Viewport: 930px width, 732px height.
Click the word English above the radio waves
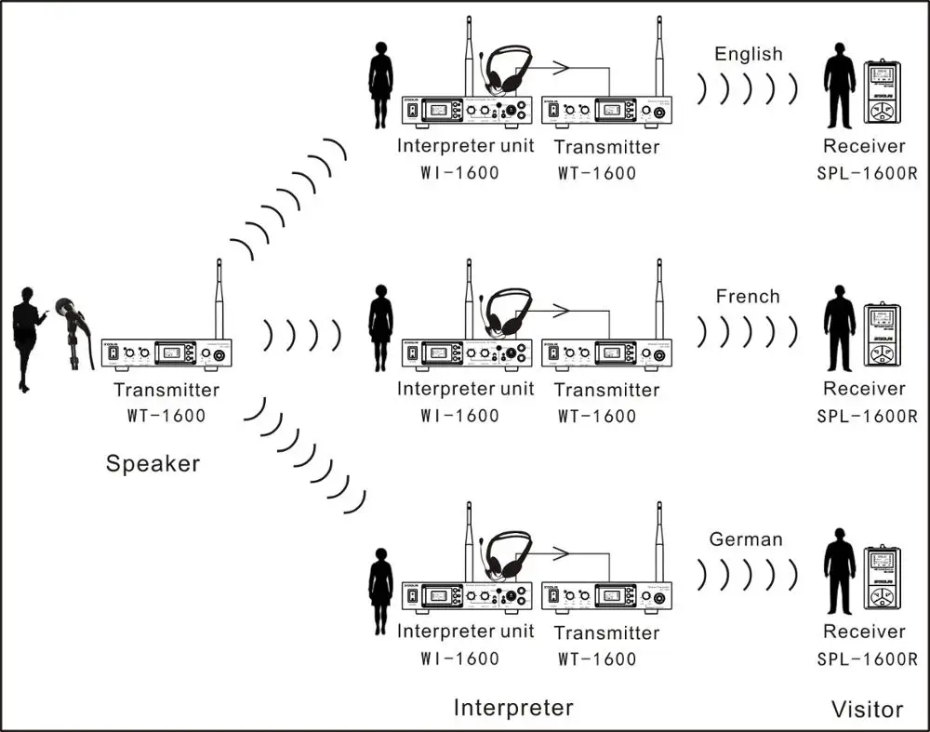click(749, 54)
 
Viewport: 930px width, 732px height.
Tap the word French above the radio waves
click(748, 297)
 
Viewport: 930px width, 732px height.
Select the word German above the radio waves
click(746, 539)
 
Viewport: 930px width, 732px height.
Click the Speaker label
click(153, 462)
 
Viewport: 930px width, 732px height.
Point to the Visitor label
click(867, 710)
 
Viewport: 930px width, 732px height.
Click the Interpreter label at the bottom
click(513, 708)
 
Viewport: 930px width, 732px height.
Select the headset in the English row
click(507, 71)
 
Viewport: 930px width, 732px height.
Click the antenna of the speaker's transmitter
click(219, 298)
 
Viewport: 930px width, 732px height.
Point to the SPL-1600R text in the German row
click(867, 659)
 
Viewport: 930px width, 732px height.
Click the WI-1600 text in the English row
click(459, 172)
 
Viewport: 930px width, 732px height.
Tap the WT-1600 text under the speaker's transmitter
click(166, 415)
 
